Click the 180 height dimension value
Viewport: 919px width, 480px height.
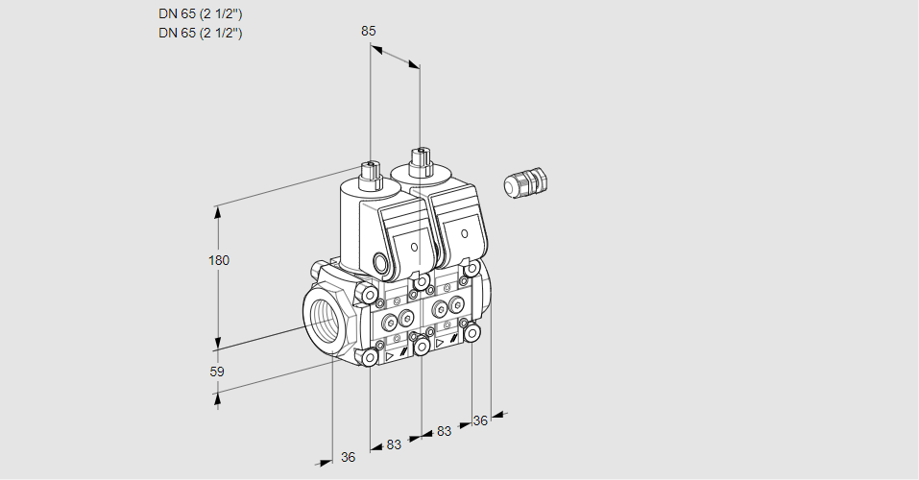pyautogui.click(x=219, y=260)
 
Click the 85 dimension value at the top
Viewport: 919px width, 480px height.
pyautogui.click(x=368, y=31)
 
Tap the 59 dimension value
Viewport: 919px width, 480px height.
pyautogui.click(x=217, y=372)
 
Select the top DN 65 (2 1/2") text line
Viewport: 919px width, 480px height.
pyautogui.click(x=201, y=14)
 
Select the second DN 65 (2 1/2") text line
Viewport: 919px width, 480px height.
pyautogui.click(x=201, y=33)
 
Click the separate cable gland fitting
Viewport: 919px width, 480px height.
pyautogui.click(x=525, y=182)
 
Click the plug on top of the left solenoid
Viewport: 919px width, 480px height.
pyautogui.click(x=371, y=174)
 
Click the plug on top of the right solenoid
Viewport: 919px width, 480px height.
pyautogui.click(x=421, y=161)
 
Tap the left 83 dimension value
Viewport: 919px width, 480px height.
pyautogui.click(x=394, y=444)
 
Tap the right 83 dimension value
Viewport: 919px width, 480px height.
pyautogui.click(x=445, y=431)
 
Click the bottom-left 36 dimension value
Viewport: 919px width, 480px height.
pyautogui.click(x=349, y=457)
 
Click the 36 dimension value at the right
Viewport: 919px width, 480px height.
pyautogui.click(x=480, y=420)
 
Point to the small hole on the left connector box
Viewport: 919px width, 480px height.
pyautogui.click(x=415, y=247)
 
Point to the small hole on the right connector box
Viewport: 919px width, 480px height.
pyautogui.click(x=464, y=234)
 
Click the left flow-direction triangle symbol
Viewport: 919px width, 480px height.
pyautogui.click(x=389, y=355)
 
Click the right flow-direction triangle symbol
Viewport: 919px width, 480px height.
pyautogui.click(x=440, y=343)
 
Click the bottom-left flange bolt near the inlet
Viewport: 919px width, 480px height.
pyautogui.click(x=370, y=357)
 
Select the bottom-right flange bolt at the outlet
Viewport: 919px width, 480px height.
pyautogui.click(x=472, y=333)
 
